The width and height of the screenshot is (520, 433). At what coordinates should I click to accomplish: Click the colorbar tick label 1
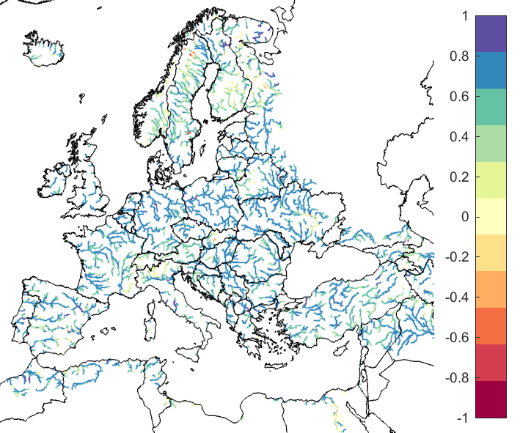coord(466,16)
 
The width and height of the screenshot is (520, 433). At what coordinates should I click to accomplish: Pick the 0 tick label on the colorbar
coord(466,217)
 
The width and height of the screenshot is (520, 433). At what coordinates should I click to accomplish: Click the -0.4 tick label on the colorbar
coord(459,297)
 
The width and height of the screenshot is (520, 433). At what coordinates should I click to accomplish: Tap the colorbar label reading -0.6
coord(459,337)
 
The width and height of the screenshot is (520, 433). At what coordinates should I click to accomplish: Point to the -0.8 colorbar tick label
coord(459,377)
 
